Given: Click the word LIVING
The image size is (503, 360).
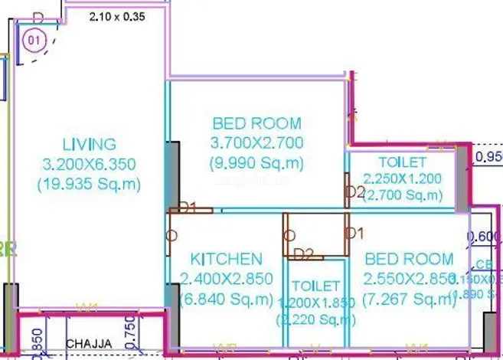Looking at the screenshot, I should point(90,144).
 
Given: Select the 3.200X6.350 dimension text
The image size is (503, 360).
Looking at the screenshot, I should point(90,163).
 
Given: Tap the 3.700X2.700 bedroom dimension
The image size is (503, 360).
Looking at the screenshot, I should point(256,142).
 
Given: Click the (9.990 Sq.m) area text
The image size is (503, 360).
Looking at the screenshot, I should point(256,162).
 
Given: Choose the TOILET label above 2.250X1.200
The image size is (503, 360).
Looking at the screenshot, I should point(402,162).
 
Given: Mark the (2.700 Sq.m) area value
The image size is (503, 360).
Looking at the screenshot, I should point(402,196).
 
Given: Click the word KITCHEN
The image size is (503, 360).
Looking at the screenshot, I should point(226,260).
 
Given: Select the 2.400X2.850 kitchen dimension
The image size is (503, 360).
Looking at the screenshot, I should point(226,279).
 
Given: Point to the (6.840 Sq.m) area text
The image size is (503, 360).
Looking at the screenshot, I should point(226,299).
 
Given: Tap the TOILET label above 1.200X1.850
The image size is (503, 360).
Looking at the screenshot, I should point(316,285).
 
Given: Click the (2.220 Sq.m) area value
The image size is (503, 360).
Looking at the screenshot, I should point(316,319).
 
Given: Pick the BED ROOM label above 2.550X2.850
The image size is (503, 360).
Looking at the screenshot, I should point(408,259).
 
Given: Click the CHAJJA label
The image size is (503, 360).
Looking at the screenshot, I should point(90,343).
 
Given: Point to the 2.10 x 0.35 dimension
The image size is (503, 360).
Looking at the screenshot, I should point(116,15).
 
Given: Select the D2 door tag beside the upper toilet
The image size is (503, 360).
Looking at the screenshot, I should point(355,191).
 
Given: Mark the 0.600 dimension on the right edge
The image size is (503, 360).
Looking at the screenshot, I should point(485,237).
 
